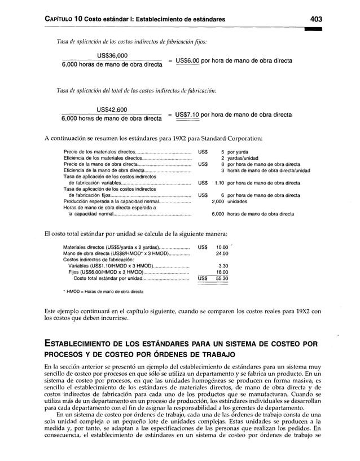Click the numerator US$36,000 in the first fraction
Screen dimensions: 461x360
112,55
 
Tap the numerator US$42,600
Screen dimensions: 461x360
112,109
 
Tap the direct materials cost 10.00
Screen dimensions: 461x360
222,247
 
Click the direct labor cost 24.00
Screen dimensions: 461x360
222,253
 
